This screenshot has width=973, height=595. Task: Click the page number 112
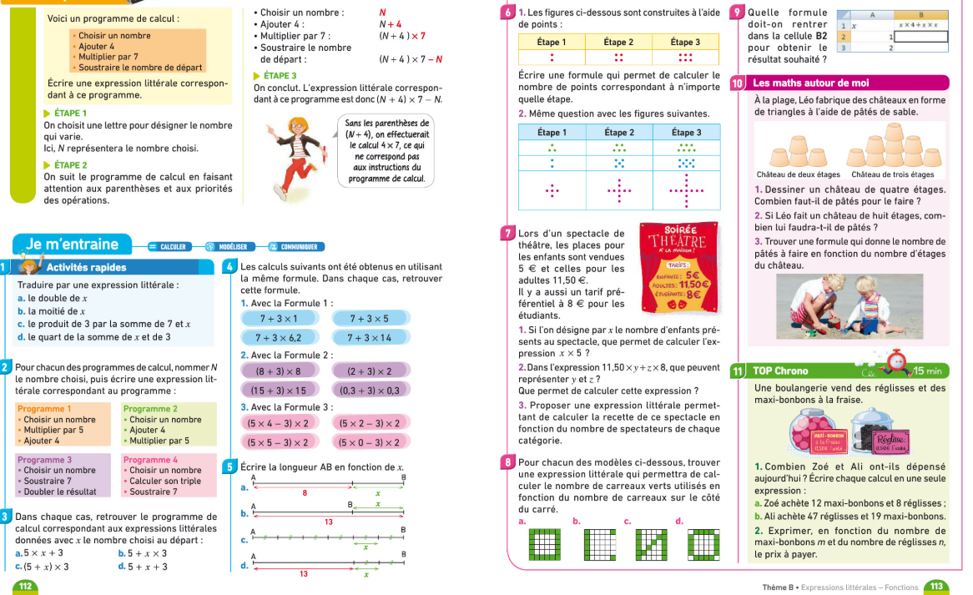tap(24, 587)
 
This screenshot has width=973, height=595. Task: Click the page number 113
tap(936, 587)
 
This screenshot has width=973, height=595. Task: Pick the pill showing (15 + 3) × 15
tap(280, 390)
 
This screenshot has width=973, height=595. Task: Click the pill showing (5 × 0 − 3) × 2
tap(370, 442)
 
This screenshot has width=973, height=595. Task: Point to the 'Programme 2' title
tap(150, 409)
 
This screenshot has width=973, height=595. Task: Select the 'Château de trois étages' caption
tap(892, 174)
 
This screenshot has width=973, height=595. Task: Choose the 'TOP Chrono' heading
tap(780, 371)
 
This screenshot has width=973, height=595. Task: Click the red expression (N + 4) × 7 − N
tap(411, 58)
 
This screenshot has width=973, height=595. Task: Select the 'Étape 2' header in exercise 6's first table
tap(618, 42)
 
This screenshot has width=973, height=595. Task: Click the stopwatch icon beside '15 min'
tap(898, 361)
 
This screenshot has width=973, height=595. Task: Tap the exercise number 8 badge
tap(508, 461)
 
